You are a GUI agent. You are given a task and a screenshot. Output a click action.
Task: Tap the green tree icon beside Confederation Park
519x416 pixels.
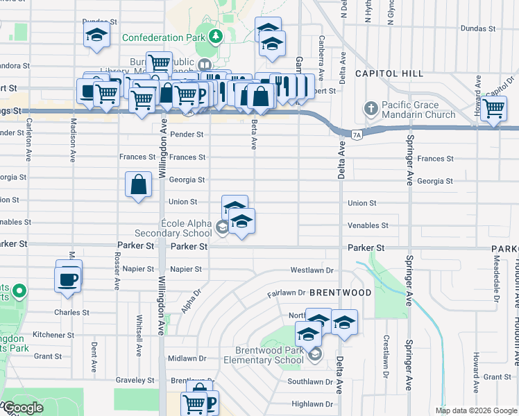216,36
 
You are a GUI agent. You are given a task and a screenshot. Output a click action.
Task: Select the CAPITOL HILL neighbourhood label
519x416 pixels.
389,73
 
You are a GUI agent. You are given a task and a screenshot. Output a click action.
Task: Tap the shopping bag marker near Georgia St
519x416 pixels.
138,185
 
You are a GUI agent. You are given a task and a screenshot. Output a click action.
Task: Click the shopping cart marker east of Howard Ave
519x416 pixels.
493,109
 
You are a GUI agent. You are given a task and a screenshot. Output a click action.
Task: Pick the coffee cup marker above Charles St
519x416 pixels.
68,279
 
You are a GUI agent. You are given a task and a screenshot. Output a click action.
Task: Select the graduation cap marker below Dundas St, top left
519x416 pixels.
96,35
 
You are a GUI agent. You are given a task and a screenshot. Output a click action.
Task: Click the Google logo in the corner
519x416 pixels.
22,408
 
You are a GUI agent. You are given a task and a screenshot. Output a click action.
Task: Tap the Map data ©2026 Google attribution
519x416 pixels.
475,410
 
